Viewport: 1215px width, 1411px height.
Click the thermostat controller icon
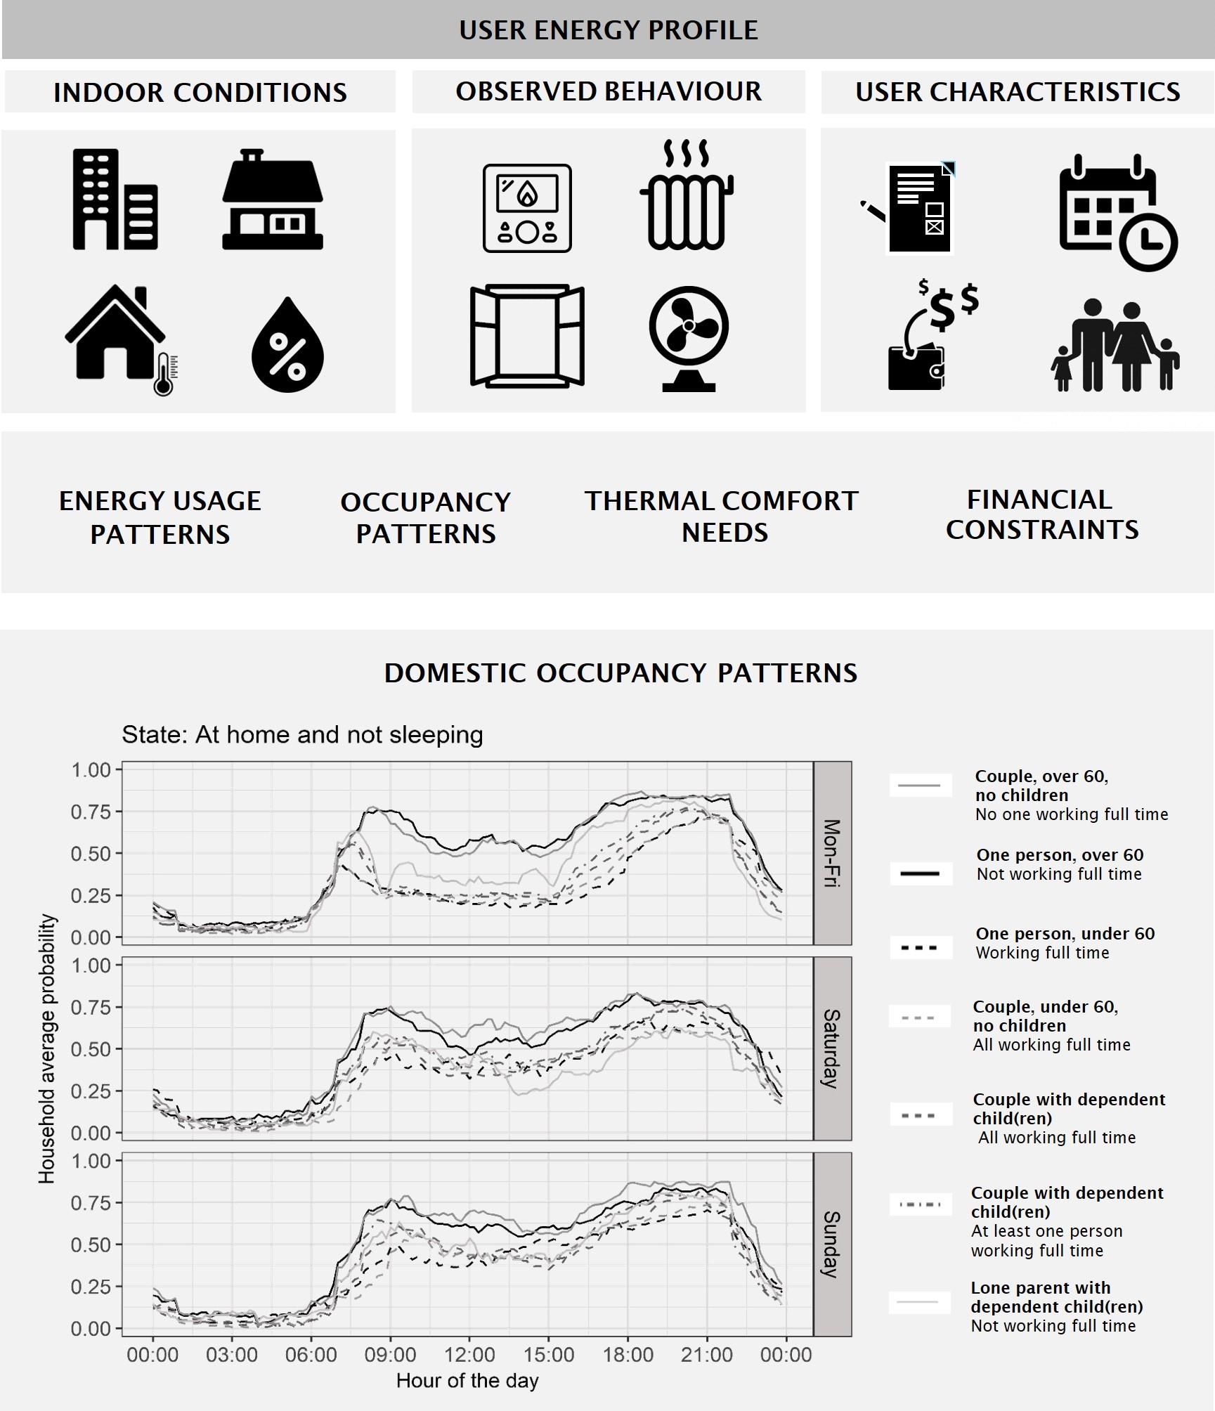pos(527,208)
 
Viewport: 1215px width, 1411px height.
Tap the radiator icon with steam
pos(687,196)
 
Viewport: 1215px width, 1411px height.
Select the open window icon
pos(527,336)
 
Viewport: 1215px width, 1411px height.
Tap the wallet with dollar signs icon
pos(931,337)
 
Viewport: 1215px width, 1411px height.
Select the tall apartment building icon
pos(115,200)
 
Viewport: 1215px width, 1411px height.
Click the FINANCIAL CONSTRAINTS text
pos(1041,514)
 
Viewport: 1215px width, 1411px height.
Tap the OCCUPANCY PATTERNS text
pos(425,518)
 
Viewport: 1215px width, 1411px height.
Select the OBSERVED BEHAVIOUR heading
pos(609,91)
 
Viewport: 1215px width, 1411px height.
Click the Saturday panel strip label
pos(832,1048)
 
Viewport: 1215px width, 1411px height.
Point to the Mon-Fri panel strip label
pos(832,853)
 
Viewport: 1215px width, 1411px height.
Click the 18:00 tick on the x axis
pos(628,1355)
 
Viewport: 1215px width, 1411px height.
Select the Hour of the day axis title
pos(467,1381)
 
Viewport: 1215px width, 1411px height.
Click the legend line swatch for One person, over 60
pos(920,873)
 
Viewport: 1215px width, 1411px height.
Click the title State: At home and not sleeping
pos(302,735)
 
